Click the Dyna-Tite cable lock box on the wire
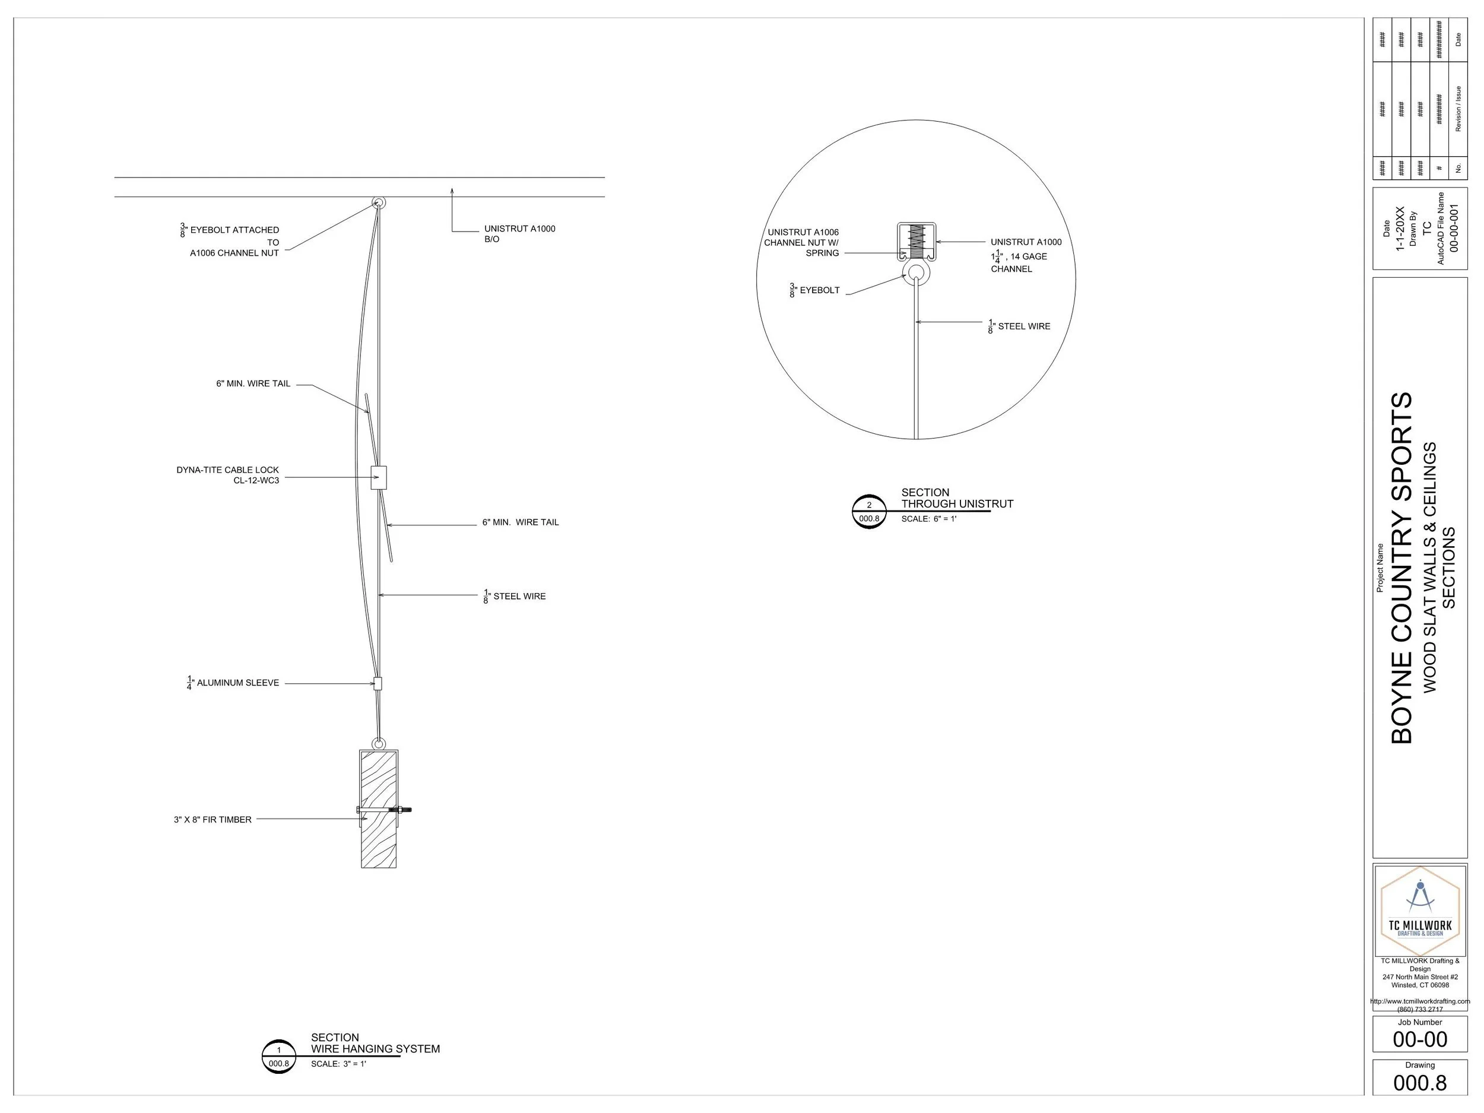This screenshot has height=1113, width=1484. click(x=378, y=478)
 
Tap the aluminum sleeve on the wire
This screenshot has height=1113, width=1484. click(x=378, y=684)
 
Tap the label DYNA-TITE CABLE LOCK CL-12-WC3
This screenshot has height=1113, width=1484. click(x=227, y=475)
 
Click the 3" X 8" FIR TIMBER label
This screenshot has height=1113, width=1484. click(x=213, y=819)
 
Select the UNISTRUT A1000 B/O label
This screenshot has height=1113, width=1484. click(x=519, y=233)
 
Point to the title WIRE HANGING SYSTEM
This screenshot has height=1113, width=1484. click(x=375, y=1049)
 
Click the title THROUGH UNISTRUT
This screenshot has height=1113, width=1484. click(x=957, y=504)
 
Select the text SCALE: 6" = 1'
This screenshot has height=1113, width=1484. click(x=928, y=519)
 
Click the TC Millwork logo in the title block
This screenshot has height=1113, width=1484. click(x=1420, y=911)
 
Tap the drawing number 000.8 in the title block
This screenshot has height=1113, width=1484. click(x=1420, y=1082)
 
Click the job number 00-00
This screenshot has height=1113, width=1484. click(x=1420, y=1039)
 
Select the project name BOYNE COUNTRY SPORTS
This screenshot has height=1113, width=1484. click(x=1401, y=567)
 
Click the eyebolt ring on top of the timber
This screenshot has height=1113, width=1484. click(x=378, y=743)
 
